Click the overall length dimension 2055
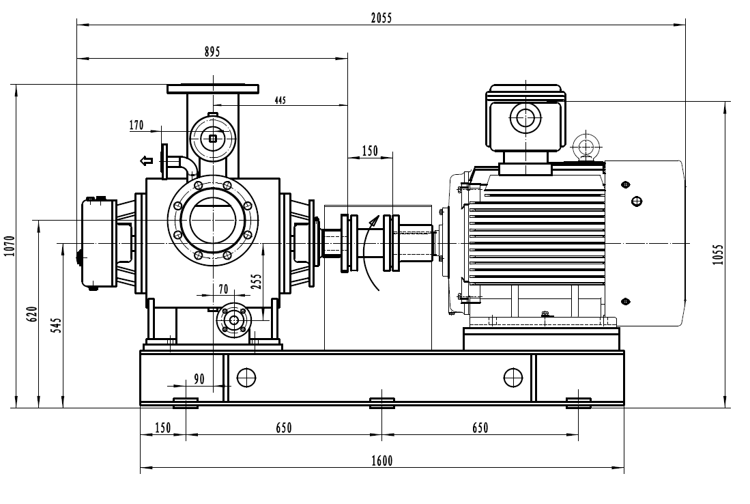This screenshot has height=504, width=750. tap(381, 18)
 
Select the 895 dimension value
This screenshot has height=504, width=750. tap(212, 52)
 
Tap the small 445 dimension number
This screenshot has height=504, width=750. tap(280, 100)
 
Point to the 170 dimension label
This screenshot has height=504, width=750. tap(136, 125)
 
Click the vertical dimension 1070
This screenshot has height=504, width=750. tap(9, 246)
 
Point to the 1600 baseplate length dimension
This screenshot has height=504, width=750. tap(382, 461)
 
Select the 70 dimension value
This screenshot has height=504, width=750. tap(223, 289)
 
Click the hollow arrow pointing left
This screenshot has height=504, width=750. tap(146, 161)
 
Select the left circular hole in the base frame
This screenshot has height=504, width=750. tap(246, 376)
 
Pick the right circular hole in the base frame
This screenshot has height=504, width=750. tap(512, 376)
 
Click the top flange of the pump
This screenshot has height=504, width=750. tap(214, 88)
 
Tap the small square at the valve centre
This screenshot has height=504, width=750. tap(214, 139)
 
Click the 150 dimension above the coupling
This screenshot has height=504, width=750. tap(369, 152)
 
